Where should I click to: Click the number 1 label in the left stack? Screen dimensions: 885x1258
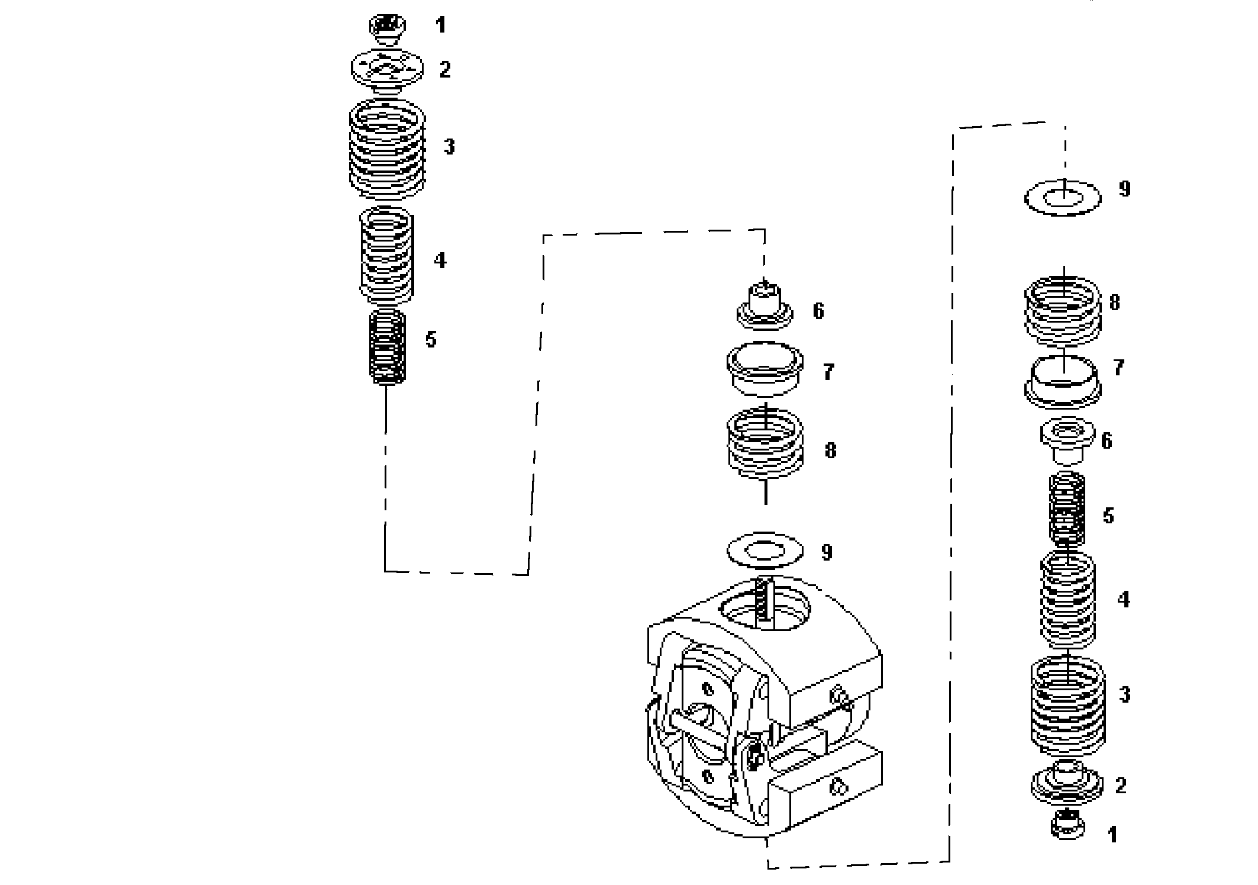pos(440,25)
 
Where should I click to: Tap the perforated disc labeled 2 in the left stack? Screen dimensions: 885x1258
pos(387,70)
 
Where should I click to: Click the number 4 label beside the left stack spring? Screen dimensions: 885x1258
pos(440,260)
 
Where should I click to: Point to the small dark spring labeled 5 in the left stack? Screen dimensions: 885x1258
pos(387,346)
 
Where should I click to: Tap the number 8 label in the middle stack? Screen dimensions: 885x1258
pos(830,451)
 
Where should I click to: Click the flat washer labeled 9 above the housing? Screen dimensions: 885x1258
pos(765,551)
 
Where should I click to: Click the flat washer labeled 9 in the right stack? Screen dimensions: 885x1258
pos(1063,198)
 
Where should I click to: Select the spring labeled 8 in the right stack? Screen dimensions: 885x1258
pos(1063,310)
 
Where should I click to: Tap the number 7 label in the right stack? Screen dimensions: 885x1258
pos(1118,368)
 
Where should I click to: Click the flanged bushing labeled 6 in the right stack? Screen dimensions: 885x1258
pos(1067,441)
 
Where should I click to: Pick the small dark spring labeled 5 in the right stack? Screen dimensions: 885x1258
pos(1067,509)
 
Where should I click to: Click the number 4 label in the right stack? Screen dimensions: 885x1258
pos(1122,600)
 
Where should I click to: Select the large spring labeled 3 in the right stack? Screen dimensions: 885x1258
pos(1067,701)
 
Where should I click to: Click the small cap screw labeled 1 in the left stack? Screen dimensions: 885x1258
pos(387,28)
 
